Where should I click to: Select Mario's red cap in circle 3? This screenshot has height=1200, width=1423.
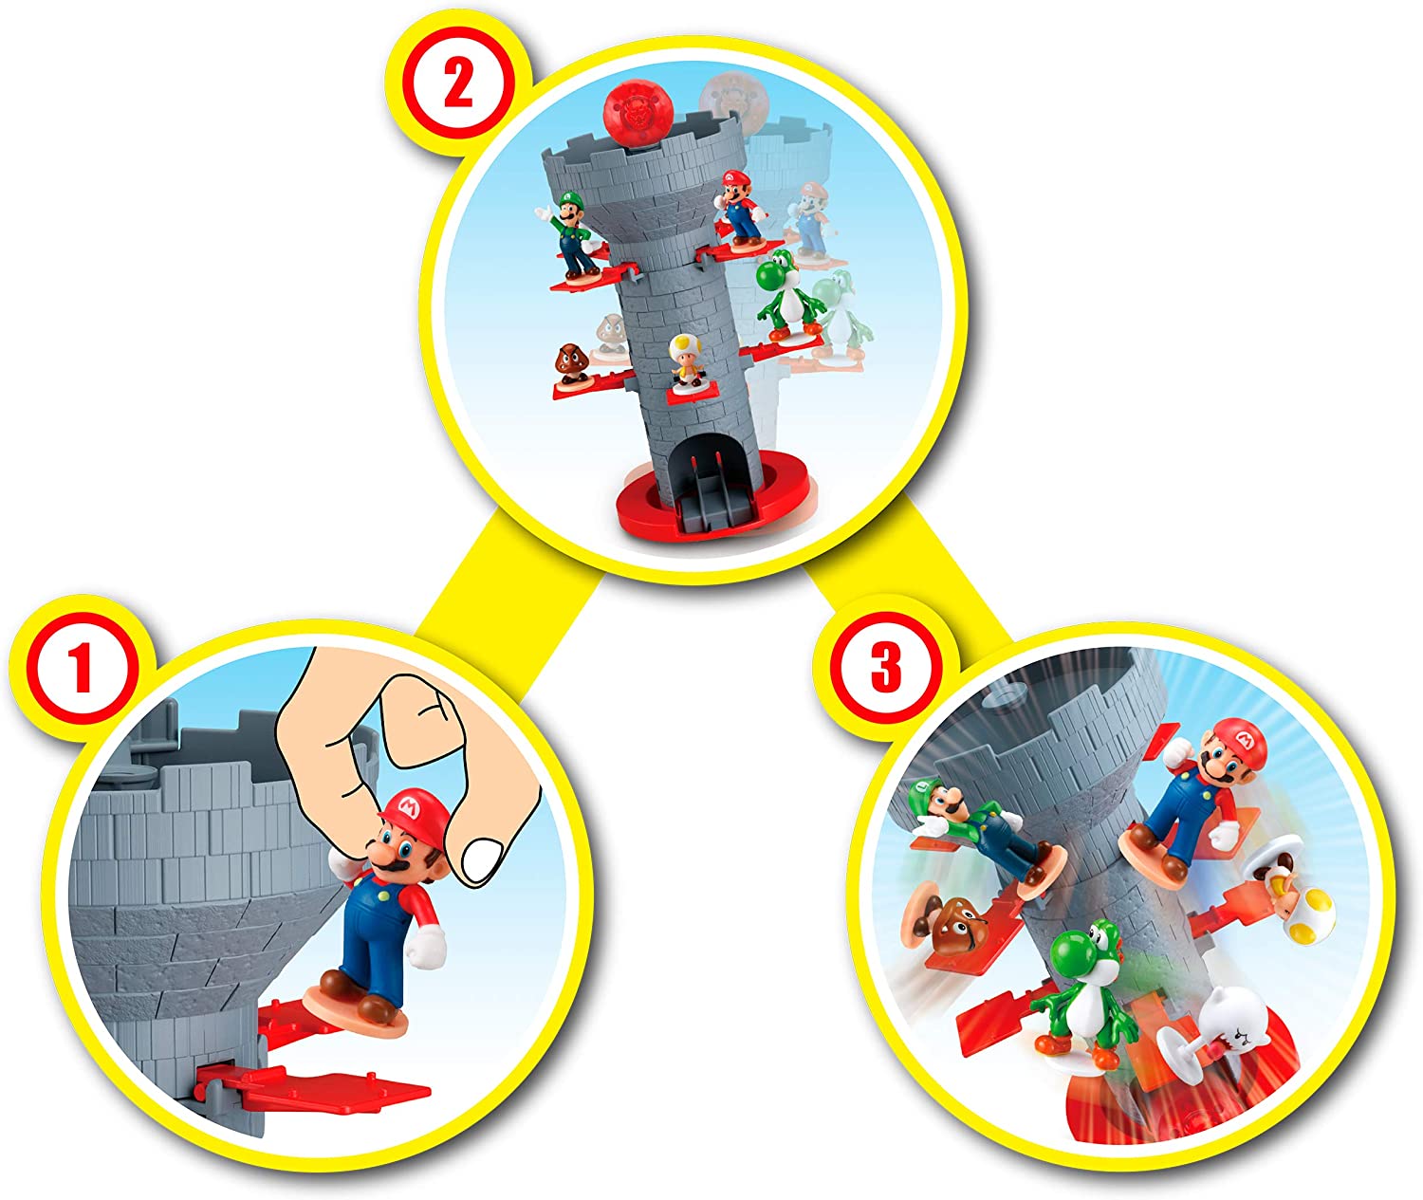click(1240, 735)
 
